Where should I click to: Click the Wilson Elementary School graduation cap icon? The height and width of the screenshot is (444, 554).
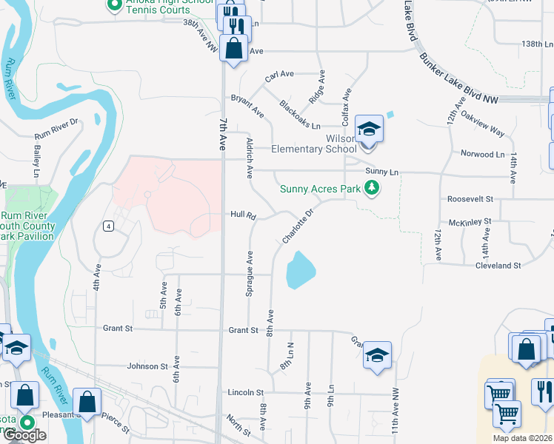pos(368,129)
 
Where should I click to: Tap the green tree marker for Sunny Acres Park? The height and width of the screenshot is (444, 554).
pos(373,189)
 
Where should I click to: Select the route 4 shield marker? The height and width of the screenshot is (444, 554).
pos(108,226)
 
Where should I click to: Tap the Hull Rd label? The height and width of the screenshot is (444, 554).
pos(243,216)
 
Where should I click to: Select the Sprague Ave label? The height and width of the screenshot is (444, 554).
pos(250,274)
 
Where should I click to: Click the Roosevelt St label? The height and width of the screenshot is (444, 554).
pos(470,199)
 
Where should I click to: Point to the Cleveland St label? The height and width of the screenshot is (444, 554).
pos(498,265)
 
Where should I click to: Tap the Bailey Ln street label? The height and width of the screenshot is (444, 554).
pos(36,161)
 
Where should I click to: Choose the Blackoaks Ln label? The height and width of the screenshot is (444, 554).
pos(299,114)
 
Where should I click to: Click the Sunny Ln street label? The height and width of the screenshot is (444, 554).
pos(382,172)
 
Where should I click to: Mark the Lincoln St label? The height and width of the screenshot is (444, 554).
pos(245,392)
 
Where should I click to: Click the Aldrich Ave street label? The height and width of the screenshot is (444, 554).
pos(250,156)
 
